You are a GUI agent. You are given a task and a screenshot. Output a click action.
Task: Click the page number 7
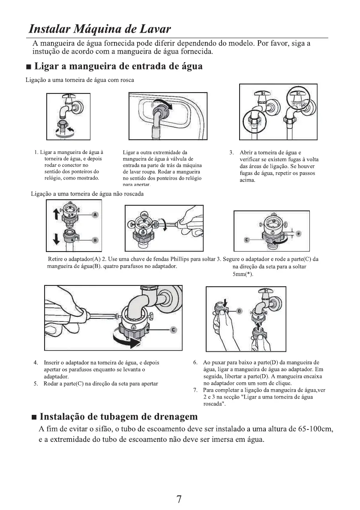click(180, 499)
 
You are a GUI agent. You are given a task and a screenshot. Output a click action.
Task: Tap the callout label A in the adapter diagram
click(95, 214)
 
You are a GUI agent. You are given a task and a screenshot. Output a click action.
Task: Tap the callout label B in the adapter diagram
click(95, 240)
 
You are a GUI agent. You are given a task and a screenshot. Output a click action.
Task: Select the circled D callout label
click(240, 310)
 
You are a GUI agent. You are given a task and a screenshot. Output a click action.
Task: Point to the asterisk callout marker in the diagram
click(299, 234)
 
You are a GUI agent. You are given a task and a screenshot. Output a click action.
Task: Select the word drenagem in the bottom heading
click(171, 417)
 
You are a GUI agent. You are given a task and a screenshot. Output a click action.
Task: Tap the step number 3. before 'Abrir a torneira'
click(231, 153)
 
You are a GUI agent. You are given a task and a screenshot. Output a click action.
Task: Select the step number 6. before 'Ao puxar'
click(195, 363)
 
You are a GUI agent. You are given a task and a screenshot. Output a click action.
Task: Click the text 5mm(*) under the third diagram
click(242, 274)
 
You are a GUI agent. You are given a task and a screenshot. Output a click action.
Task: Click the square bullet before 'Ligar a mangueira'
click(28, 67)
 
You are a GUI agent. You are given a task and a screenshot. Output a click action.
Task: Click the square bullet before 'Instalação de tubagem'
click(34, 417)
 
